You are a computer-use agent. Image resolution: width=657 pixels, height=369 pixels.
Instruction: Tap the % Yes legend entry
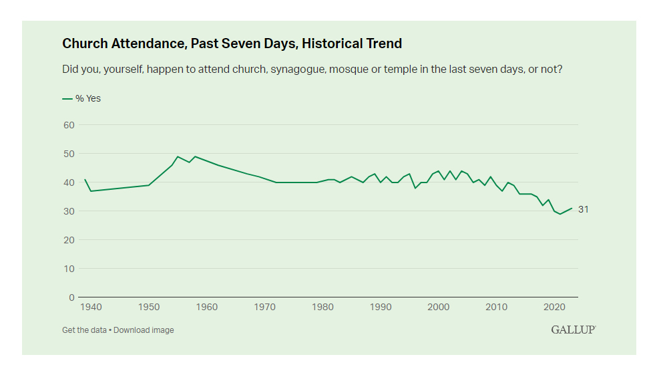coord(82,98)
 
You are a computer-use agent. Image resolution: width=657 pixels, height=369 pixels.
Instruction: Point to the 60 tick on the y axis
coord(67,125)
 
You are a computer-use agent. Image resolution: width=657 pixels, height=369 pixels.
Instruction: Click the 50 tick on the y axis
coord(67,154)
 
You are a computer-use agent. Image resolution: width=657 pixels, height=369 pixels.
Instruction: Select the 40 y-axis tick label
coord(67,182)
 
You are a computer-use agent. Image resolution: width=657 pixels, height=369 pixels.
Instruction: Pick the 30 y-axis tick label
coord(67,211)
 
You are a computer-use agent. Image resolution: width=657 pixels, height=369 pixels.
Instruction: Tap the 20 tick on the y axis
coord(67,240)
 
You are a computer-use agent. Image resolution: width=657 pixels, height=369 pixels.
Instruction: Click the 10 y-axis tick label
coord(67,269)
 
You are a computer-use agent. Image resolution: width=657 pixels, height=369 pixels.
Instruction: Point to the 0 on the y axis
coord(70,297)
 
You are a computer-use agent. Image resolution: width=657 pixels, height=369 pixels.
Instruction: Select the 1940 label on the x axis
coord(91,307)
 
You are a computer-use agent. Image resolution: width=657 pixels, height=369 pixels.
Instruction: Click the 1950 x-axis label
coord(149,307)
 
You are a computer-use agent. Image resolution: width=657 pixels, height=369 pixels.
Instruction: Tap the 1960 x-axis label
coord(207,307)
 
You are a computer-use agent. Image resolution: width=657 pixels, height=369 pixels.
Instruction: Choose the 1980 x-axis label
coord(322,307)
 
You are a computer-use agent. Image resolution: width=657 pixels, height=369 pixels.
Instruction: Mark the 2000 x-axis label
coord(438,307)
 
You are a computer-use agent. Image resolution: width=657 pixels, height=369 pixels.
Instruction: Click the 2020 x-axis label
coord(554,307)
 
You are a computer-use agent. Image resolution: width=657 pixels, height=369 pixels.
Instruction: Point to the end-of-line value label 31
coord(584,209)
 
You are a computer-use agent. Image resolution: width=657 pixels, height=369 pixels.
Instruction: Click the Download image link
coord(144,330)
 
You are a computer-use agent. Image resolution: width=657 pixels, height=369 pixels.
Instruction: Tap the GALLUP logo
coord(573,330)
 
